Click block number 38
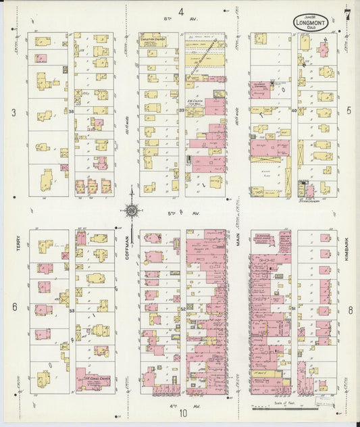click(x=72, y=111)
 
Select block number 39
click(x=182, y=111)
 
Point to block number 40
click(x=294, y=111)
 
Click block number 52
click(x=182, y=309)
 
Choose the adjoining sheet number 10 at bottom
click(x=182, y=414)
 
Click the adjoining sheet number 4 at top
click(x=181, y=11)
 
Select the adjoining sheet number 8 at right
click(x=351, y=310)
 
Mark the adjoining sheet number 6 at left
click(x=14, y=307)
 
